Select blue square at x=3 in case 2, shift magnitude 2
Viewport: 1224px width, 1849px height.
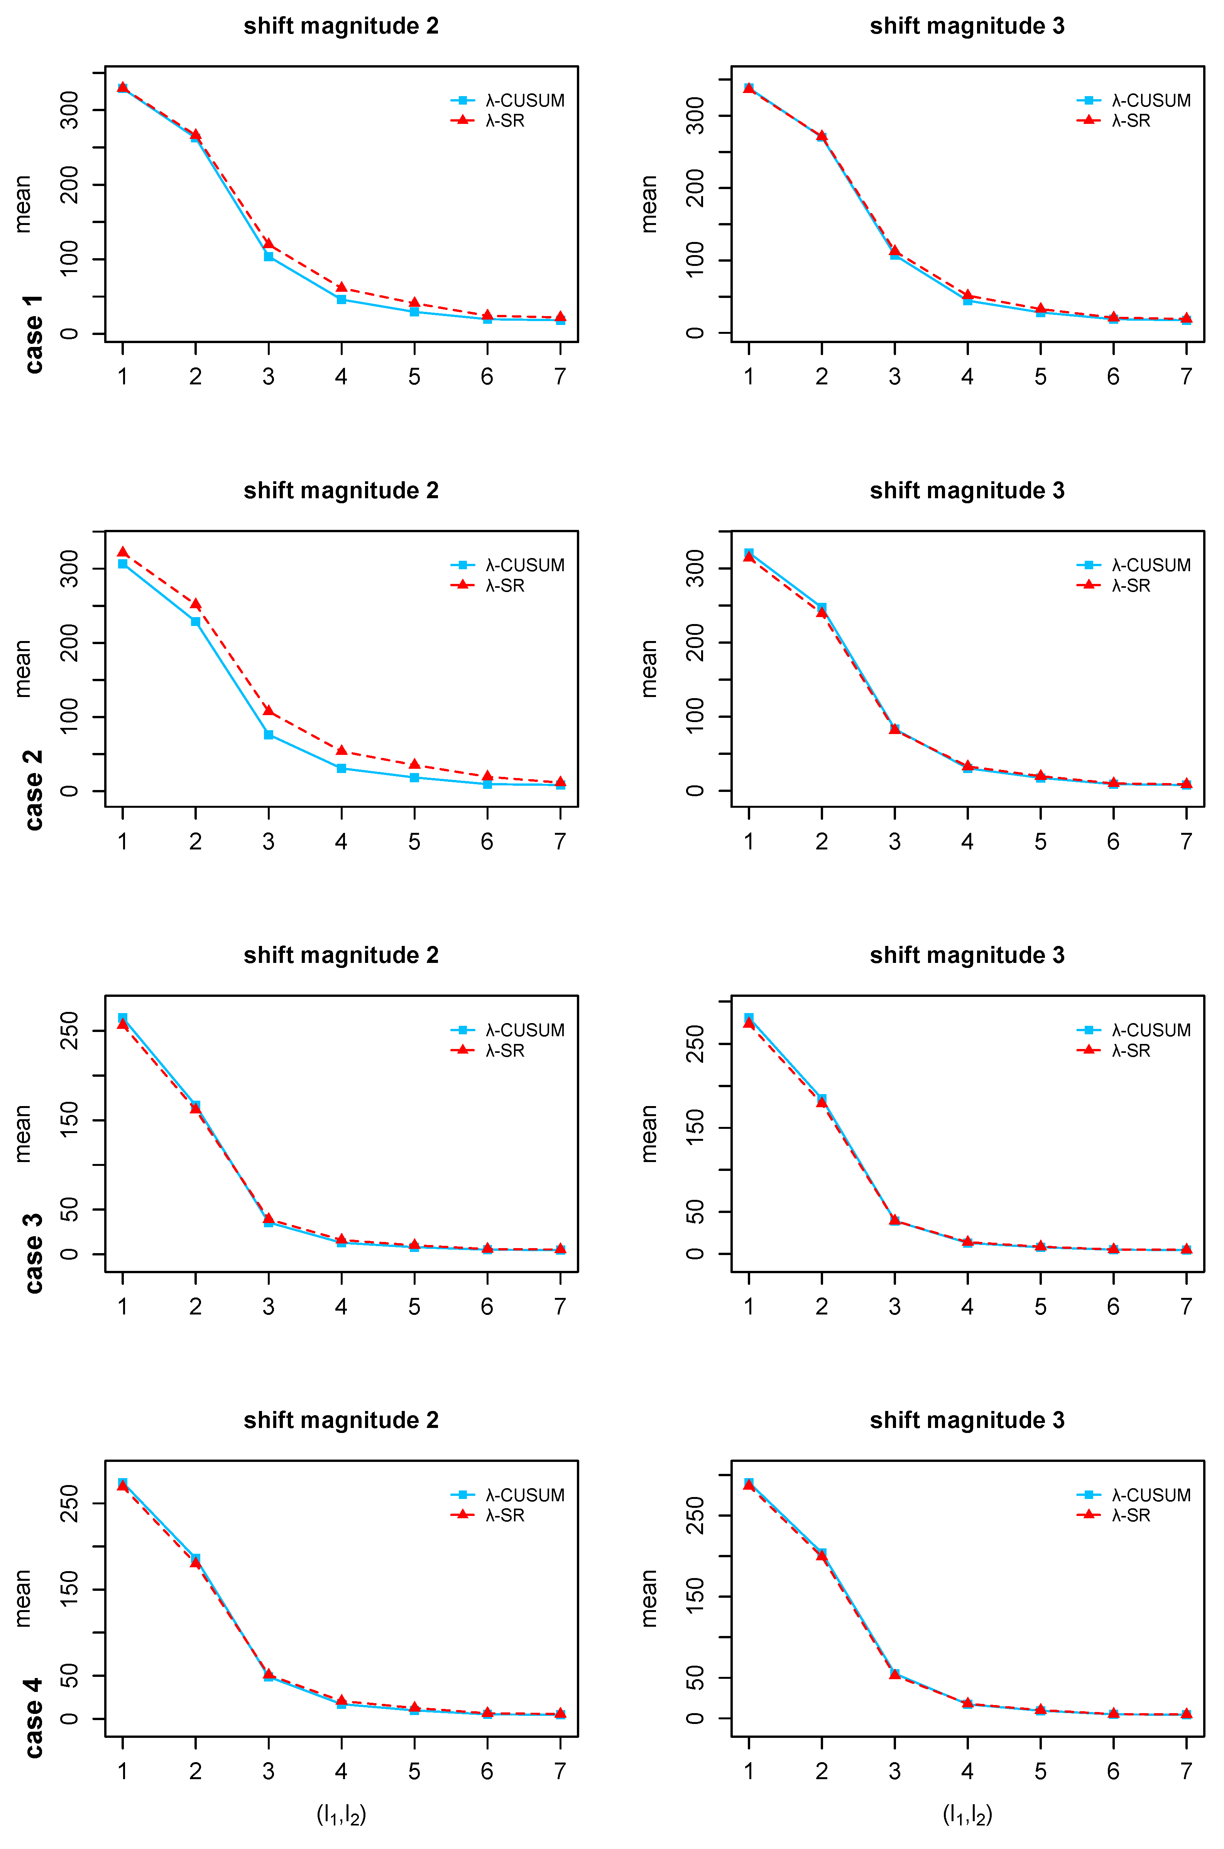click(269, 734)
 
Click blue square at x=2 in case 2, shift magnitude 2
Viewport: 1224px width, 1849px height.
click(195, 621)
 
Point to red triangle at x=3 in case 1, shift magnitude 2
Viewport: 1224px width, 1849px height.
click(269, 244)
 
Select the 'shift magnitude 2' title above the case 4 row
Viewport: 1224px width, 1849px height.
click(341, 1420)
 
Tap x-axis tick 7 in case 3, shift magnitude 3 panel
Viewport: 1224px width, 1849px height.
click(1187, 1306)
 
